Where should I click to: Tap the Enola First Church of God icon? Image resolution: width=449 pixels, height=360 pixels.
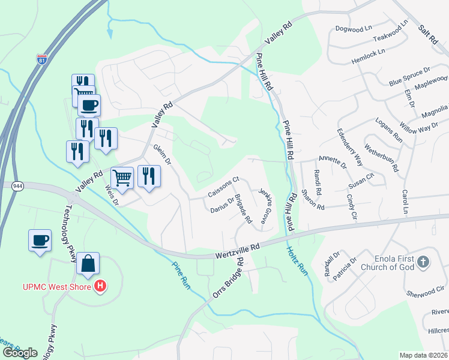[424, 262]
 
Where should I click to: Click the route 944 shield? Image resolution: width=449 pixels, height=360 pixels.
[16, 186]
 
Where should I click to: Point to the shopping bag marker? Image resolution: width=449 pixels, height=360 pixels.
[88, 263]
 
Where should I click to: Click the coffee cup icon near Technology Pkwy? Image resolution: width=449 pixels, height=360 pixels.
[40, 241]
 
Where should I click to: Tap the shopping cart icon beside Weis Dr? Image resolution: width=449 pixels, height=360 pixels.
[122, 178]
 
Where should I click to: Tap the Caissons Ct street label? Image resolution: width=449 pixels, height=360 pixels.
[223, 187]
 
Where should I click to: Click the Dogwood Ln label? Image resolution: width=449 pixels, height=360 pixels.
[355, 29]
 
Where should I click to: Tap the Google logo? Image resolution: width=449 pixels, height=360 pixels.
[20, 352]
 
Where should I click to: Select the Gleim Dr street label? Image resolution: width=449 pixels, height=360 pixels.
[162, 155]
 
